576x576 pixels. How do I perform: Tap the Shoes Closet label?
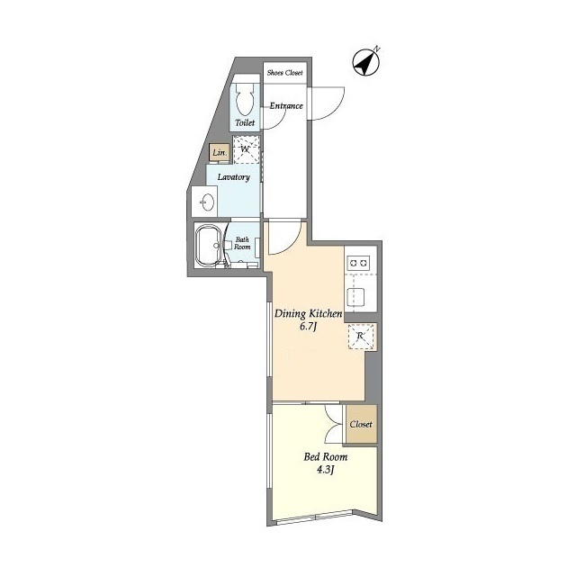(284, 72)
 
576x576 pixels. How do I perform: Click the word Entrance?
(286, 105)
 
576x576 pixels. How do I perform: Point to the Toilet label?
(245, 123)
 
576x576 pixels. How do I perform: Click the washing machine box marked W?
(246, 149)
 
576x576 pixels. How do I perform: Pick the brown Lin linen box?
(219, 153)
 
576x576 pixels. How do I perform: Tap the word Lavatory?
(233, 176)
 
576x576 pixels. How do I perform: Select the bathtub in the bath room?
(211, 245)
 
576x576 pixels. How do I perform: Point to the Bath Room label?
(243, 243)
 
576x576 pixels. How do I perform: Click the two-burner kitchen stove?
(360, 262)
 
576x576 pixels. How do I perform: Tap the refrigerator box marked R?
(361, 337)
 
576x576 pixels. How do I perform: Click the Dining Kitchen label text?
(307, 313)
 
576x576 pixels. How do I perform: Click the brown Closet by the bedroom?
(361, 424)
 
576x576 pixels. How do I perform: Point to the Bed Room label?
(325, 456)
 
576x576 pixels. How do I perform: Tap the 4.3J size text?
(324, 471)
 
